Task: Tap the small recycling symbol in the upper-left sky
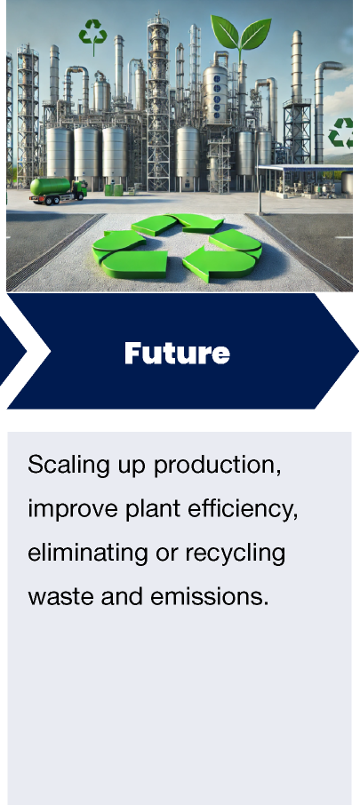coord(92,34)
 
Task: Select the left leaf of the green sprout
coord(226,35)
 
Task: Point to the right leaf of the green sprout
coord(254,36)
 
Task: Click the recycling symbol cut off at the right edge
coord(342,133)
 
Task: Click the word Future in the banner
coord(177,353)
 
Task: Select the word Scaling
coord(62,465)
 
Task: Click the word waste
coord(55,595)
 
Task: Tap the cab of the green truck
coord(78,189)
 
